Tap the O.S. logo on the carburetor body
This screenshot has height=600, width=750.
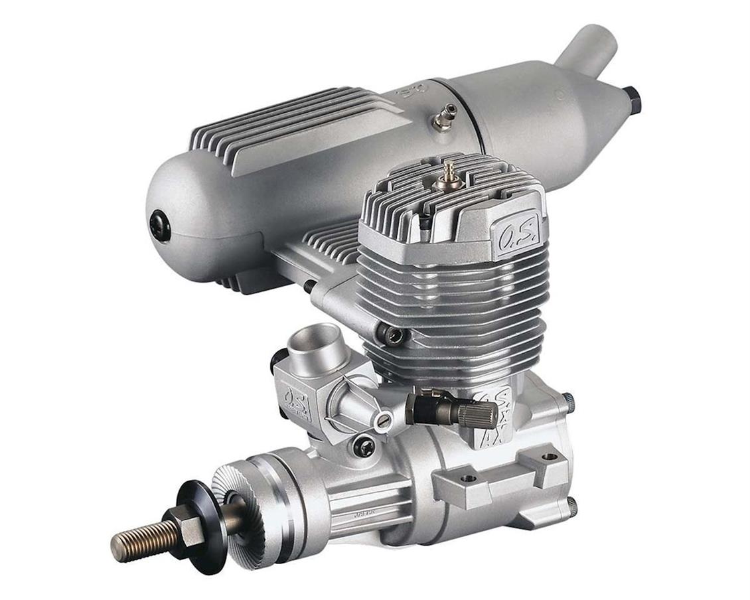coord(297,401)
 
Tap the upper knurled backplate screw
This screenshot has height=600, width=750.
coord(568,401)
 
